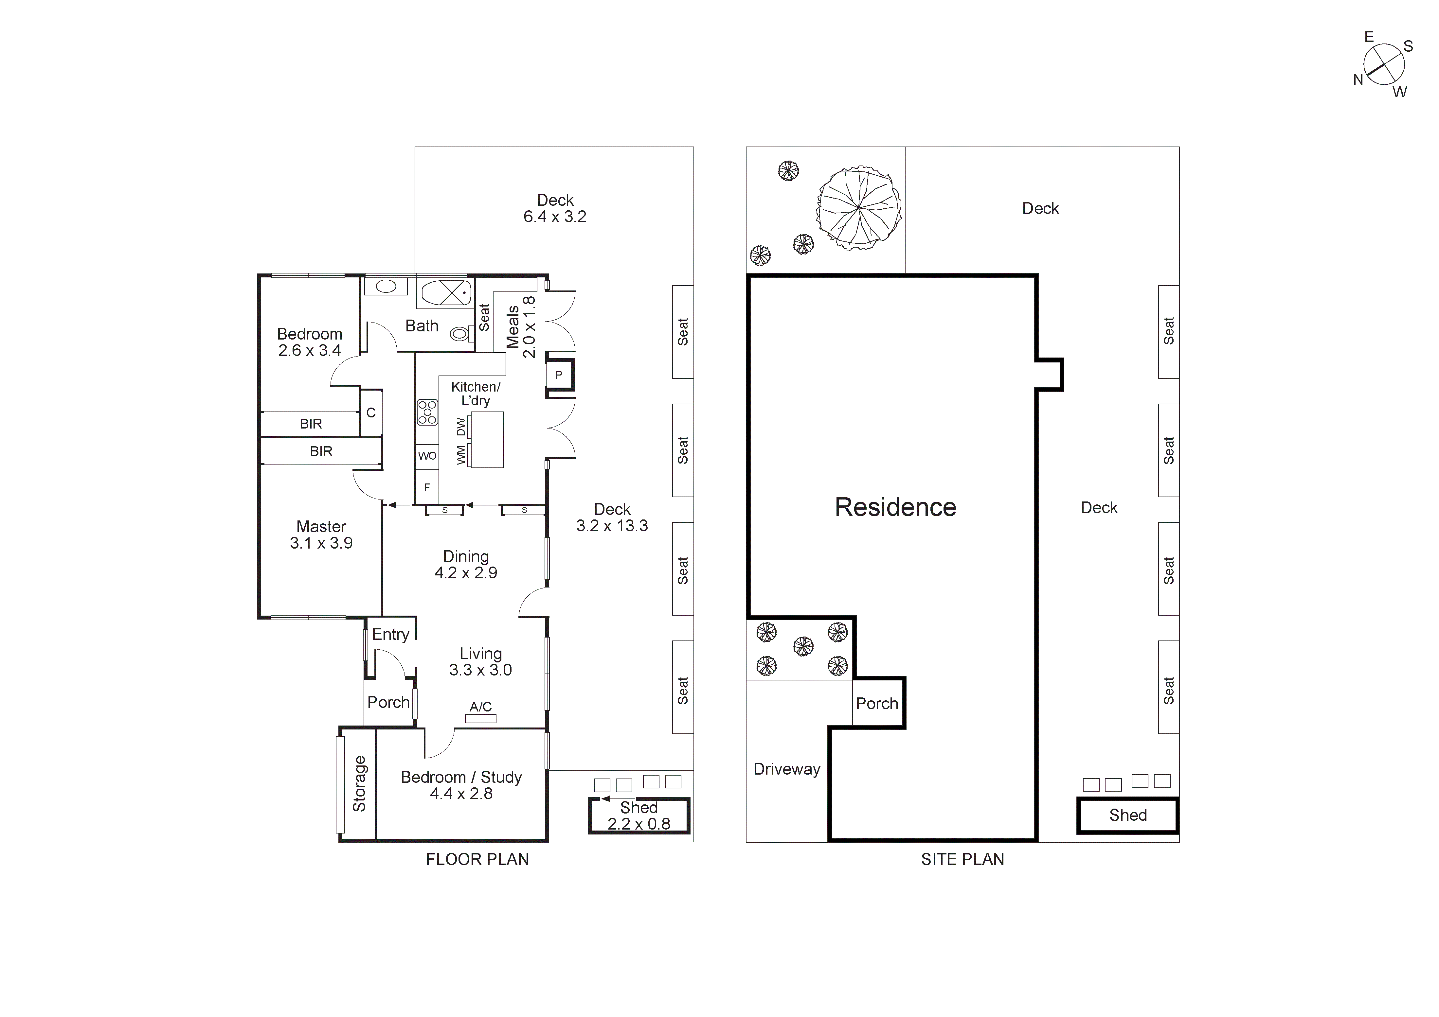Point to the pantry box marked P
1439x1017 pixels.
[558, 375]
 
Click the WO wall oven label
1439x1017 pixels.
[427, 456]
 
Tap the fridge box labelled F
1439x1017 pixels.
[427, 487]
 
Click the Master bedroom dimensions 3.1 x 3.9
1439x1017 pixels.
[321, 543]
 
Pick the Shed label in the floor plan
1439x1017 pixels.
[639, 808]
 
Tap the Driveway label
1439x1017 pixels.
[786, 769]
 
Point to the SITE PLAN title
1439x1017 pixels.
[962, 859]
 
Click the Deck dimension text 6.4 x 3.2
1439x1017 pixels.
[555, 217]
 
